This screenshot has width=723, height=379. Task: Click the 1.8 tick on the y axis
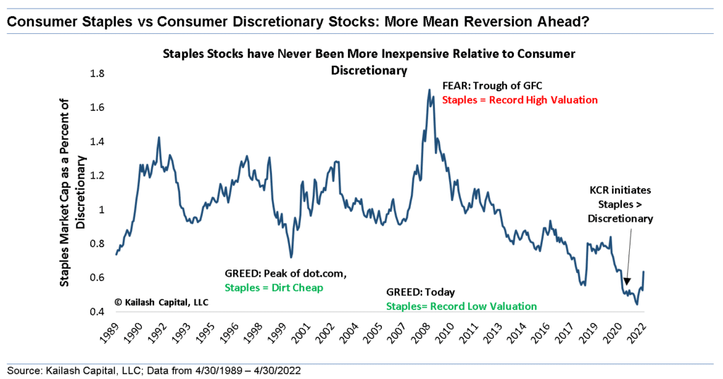point(96,73)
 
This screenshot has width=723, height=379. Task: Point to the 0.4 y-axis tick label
point(96,311)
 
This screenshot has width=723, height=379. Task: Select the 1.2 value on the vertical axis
point(96,175)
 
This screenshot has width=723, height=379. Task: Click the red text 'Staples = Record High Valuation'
point(520,100)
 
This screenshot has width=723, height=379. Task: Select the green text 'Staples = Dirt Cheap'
point(270,288)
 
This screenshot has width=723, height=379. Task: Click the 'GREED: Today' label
point(421,292)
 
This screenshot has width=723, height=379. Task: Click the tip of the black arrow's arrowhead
point(626,287)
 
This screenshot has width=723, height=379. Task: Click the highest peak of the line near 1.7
point(429,90)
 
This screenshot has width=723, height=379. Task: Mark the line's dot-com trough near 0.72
point(290,257)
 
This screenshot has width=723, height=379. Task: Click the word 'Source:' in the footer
point(23,370)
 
